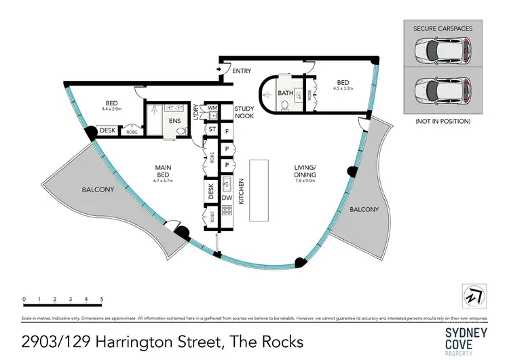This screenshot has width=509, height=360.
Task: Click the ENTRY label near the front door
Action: click(x=242, y=71)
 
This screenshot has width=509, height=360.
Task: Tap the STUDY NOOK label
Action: click(x=244, y=112)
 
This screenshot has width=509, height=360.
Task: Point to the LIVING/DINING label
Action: click(x=305, y=170)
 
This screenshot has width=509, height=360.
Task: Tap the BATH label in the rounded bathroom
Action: click(x=286, y=93)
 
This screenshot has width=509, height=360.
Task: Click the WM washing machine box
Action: click(x=212, y=107)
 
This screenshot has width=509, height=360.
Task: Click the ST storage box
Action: click(x=212, y=128)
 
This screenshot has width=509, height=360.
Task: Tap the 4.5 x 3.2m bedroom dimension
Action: click(x=344, y=87)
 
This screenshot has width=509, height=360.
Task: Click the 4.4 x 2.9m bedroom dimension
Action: click(x=112, y=108)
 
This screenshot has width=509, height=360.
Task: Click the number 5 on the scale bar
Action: click(x=102, y=299)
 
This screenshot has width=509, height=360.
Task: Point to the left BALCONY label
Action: click(x=98, y=190)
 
